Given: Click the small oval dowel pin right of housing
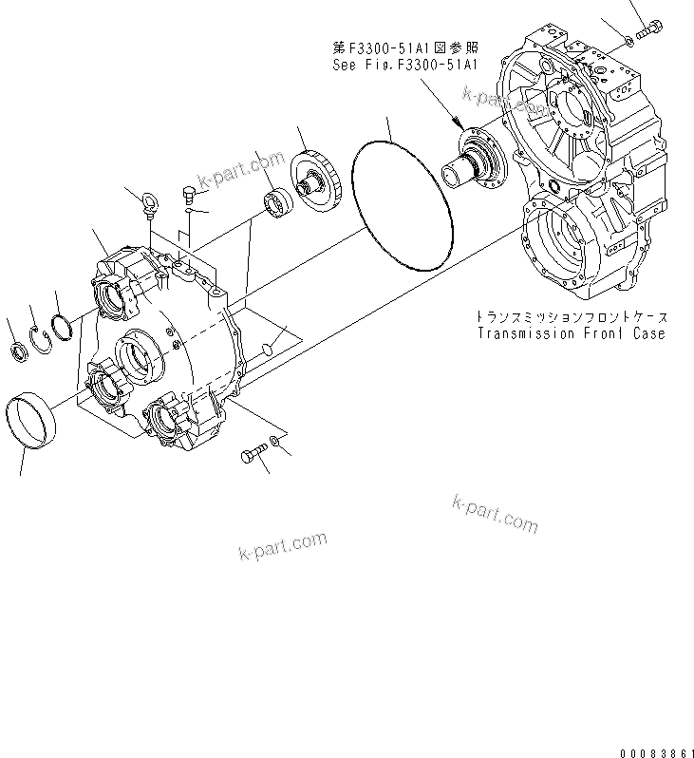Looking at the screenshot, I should (271, 351).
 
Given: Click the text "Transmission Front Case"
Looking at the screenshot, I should (570, 333).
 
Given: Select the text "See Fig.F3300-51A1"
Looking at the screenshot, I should (403, 66).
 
